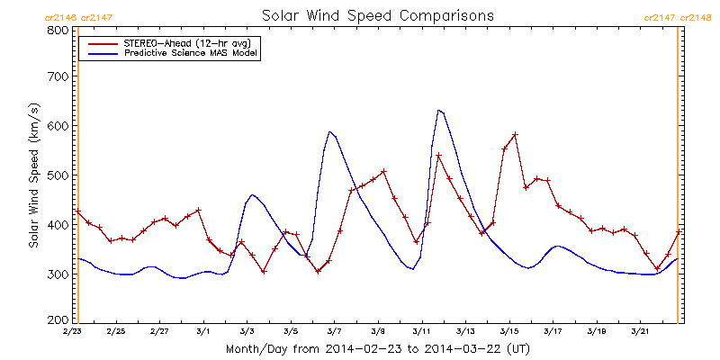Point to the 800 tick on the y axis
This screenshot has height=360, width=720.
point(58,30)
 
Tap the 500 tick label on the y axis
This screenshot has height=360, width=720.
point(58,175)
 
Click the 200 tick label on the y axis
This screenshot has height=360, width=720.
point(58,319)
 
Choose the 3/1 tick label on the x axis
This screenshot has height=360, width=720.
point(203,331)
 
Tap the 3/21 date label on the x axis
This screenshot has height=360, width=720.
point(640,331)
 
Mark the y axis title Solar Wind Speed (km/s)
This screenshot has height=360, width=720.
point(33,175)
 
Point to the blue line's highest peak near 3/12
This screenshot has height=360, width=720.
point(438,110)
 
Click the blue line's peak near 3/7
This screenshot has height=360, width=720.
point(329,131)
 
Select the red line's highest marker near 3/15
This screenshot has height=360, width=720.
point(515,135)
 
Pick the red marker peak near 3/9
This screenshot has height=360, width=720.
point(383,171)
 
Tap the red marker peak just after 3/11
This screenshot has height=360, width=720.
point(438,156)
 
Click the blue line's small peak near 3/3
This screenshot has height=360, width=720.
point(252,194)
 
